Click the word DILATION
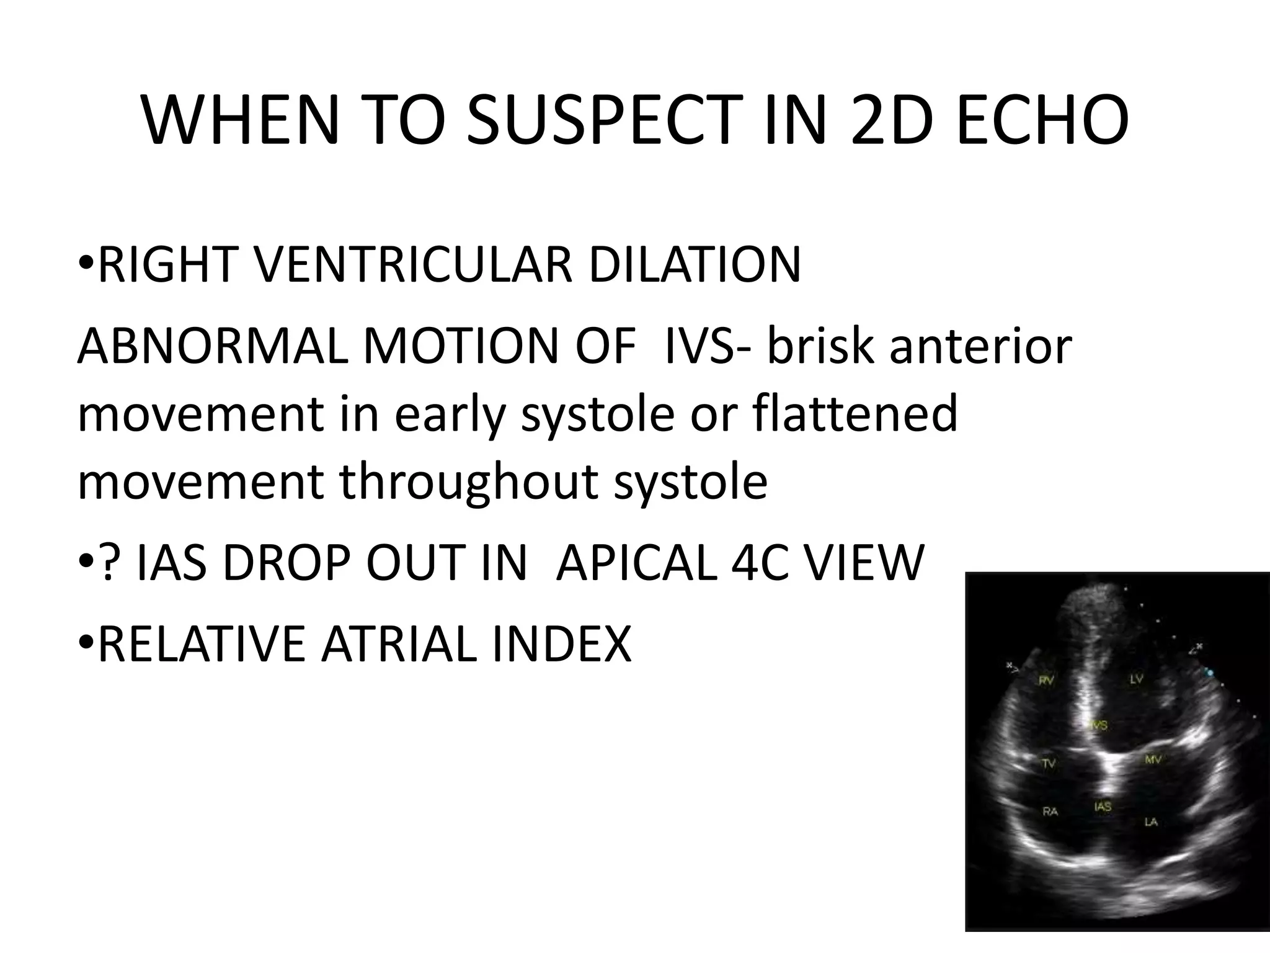[695, 265]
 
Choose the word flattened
[856, 414]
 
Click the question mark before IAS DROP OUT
[110, 564]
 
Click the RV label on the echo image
[1047, 681]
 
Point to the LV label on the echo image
[1136, 680]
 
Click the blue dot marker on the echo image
[1207, 672]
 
